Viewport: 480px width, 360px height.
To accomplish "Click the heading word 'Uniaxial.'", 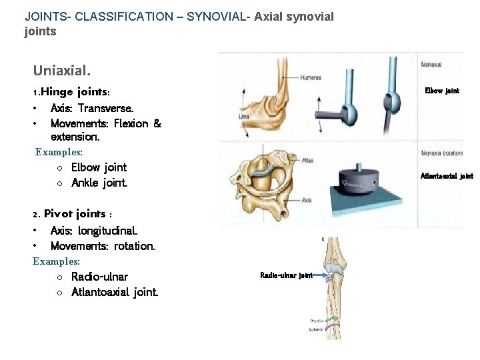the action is [x=62, y=69].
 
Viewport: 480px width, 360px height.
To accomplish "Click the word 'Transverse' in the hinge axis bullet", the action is [x=105, y=108].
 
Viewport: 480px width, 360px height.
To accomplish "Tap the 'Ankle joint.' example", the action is [x=99, y=183].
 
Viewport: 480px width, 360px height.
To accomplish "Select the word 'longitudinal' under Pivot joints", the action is [x=107, y=231].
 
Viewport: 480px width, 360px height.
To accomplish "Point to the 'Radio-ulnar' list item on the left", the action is [x=99, y=277].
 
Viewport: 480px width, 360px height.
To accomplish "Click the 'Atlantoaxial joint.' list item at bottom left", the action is [x=115, y=292].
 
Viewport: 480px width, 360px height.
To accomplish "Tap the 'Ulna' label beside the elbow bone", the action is [x=243, y=117].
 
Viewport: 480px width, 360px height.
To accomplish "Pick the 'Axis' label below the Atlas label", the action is [x=306, y=200].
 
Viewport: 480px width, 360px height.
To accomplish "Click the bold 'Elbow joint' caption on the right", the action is [x=442, y=91].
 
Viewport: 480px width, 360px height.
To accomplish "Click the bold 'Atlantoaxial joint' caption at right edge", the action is [x=446, y=177].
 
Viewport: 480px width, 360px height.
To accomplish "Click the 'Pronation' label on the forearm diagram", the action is [x=317, y=321].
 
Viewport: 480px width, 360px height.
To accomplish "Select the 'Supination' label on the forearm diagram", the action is [x=316, y=329].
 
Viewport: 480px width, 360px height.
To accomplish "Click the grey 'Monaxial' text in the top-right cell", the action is [x=431, y=65].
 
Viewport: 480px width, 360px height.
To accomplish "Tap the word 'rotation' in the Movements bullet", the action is [x=135, y=246].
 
